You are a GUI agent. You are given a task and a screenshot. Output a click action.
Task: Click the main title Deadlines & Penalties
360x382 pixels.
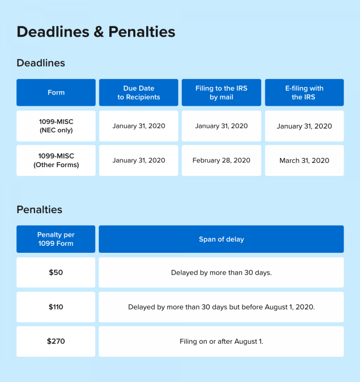96,32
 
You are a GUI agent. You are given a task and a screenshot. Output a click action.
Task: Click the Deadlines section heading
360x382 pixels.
41,63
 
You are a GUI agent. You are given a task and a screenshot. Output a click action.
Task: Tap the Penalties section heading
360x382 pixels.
39,209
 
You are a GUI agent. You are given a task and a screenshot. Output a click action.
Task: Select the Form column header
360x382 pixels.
56,93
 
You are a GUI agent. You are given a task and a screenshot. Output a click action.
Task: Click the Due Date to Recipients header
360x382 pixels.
139,93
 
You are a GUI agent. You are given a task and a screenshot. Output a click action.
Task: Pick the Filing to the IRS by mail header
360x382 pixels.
221,93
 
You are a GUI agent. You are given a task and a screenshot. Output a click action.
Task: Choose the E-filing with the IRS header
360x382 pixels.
304,93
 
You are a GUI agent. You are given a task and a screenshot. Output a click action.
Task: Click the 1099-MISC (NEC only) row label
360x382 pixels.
56,126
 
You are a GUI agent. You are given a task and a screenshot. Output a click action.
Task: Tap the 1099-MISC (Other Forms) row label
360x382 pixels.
56,161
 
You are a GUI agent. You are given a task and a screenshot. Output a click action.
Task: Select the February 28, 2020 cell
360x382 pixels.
221,161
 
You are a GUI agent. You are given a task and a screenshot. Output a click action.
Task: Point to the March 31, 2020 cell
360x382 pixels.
304,161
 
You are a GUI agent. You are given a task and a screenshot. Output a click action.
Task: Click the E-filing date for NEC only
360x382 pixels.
304,126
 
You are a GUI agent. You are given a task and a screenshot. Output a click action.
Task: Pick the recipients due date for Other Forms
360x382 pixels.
139,161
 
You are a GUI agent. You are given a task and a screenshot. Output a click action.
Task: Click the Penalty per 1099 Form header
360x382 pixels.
56,239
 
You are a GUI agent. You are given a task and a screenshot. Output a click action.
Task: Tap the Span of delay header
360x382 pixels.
221,239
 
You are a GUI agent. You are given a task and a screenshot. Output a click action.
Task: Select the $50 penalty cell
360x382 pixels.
56,272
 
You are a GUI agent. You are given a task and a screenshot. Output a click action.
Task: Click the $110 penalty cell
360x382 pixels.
56,307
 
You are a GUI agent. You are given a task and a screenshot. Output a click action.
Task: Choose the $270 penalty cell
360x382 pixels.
56,341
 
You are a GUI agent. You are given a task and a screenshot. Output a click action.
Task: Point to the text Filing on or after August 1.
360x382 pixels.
221,341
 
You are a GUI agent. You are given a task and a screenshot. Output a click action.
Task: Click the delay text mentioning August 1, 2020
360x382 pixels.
221,307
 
